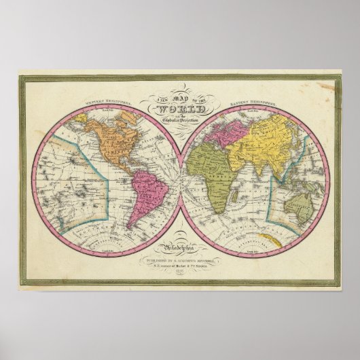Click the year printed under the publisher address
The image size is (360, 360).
180,272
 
